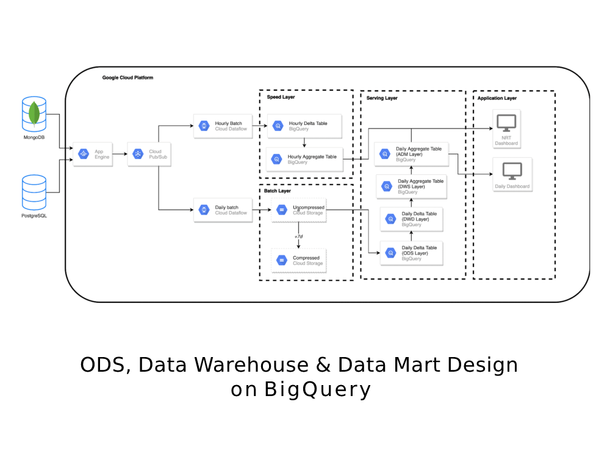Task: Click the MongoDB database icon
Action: (34, 114)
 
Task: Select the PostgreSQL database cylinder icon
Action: (34, 191)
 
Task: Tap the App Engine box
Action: (93, 155)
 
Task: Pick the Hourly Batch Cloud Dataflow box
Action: (222, 126)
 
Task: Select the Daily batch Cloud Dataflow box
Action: (222, 210)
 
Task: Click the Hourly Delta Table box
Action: (304, 126)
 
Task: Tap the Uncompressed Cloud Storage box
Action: (299, 210)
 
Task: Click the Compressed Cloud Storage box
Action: (299, 260)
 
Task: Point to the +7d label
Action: (298, 236)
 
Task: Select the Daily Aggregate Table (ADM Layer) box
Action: (411, 154)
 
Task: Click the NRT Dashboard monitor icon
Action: (506, 123)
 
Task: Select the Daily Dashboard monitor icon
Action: (512, 170)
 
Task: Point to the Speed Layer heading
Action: (281, 97)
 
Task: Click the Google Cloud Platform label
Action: (127, 78)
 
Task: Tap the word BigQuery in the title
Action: (317, 389)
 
